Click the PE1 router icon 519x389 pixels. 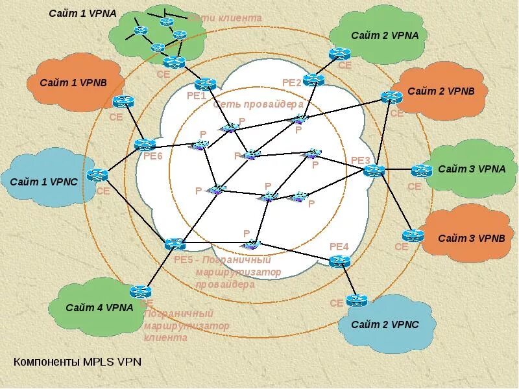tap(205, 84)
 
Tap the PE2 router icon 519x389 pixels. tap(313, 80)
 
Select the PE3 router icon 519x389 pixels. tap(374, 171)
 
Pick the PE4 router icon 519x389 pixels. tap(339, 261)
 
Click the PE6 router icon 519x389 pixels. tap(145, 145)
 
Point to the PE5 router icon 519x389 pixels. tap(175, 244)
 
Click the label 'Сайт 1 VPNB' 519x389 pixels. tap(73, 83)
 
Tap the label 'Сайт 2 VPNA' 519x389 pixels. tap(385, 35)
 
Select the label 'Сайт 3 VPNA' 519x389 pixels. tap(472, 169)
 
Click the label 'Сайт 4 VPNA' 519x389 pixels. tap(99, 307)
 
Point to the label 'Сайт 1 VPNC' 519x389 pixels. tap(43, 182)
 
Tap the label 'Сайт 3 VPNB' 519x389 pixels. tap(471, 238)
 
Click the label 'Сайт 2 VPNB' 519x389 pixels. tap(441, 91)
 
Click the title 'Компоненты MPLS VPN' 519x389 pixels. tap(77, 362)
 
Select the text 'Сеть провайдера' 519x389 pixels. tap(258, 104)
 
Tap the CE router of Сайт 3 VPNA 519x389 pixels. tap(422, 171)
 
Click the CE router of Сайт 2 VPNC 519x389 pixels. tap(356, 300)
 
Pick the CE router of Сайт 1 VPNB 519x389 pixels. tap(123, 102)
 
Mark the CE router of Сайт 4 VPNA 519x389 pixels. tap(140, 292)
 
